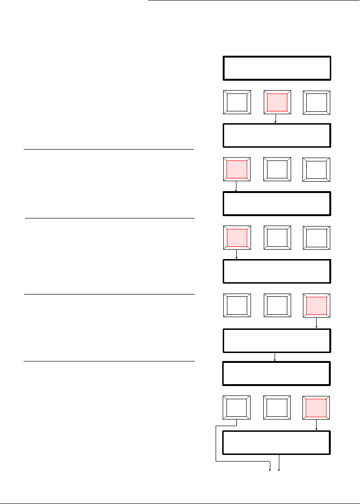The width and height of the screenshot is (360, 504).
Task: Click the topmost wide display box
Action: coord(276,68)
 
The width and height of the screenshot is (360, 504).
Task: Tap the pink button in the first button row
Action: coord(276,102)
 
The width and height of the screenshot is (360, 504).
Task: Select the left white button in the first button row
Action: coord(236,102)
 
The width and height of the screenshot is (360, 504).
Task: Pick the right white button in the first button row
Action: coord(317,102)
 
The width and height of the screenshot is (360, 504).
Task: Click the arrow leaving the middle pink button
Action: coord(276,119)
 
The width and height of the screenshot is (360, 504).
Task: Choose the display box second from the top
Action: coord(276,135)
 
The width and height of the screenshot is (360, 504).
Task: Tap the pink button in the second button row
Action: coord(236,169)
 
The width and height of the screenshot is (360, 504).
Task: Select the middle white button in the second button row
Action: coord(276,169)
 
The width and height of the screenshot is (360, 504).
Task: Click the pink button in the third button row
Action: coord(236,237)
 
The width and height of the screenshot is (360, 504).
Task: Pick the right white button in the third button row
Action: coord(317,237)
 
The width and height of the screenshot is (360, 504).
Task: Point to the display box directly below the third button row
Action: coord(276,271)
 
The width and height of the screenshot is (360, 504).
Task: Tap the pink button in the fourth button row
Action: coord(317,305)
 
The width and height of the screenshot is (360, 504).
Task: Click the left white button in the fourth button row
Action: coord(236,305)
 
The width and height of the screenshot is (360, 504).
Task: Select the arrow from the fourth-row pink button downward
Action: coord(317,323)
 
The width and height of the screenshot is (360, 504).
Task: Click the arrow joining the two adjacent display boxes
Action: coord(275,357)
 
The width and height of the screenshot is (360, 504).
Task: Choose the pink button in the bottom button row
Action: coord(317,408)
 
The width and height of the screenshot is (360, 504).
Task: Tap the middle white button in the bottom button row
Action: coord(276,408)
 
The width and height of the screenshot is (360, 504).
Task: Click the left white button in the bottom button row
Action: coord(236,408)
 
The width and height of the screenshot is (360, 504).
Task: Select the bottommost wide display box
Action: coord(276,442)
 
